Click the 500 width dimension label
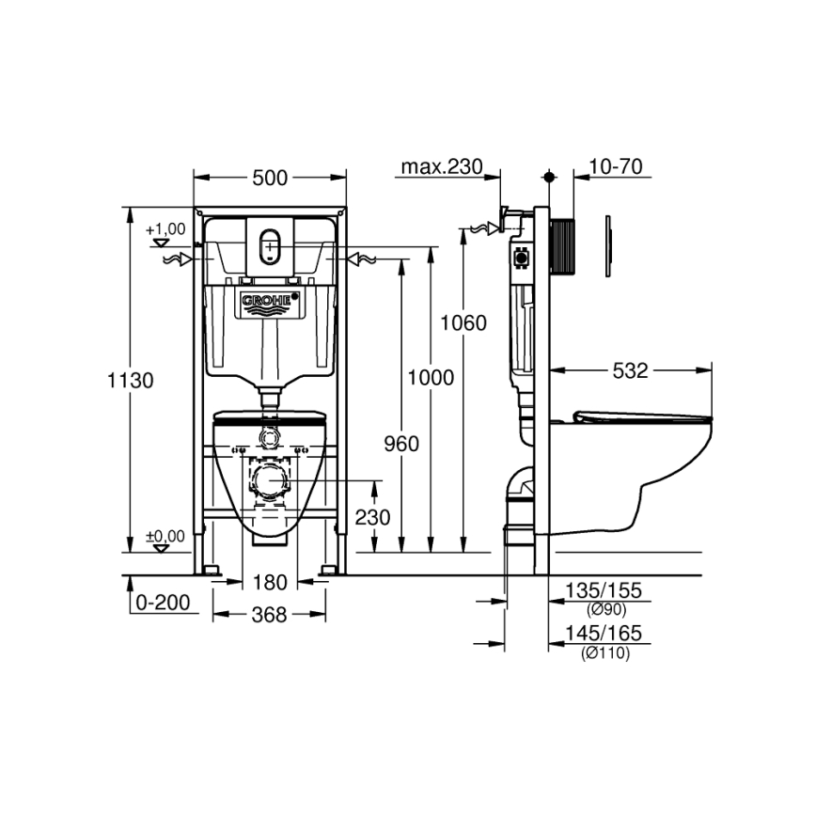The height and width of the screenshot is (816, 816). click(270, 177)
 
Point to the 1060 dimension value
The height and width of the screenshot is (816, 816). click(464, 323)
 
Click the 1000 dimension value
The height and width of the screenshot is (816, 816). click(432, 378)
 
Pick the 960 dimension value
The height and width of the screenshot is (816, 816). click(401, 445)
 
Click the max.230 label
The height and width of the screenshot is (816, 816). click(442, 167)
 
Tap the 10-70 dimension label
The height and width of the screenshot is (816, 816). click(615, 167)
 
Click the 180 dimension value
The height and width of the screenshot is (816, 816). click(270, 584)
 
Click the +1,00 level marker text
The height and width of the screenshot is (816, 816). click(165, 228)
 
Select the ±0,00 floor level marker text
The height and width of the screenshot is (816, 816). click(165, 536)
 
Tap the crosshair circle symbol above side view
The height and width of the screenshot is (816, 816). click(550, 177)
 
